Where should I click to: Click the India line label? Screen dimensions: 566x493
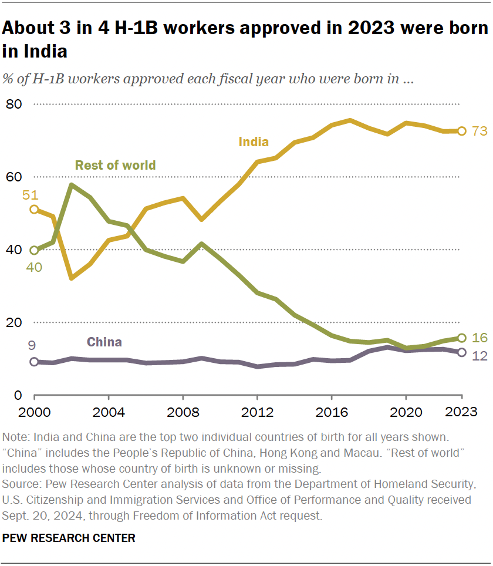pyautogui.click(x=254, y=141)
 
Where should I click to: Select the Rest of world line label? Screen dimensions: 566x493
pyautogui.click(x=115, y=165)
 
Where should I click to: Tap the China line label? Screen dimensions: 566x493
pyautogui.click(x=104, y=342)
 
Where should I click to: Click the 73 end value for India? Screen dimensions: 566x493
pyautogui.click(x=480, y=131)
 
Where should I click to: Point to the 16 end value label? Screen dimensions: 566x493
pyautogui.click(x=480, y=338)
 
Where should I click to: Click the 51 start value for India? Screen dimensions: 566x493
pyautogui.click(x=31, y=195)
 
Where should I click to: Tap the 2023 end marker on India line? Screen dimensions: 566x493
pyautogui.click(x=462, y=131)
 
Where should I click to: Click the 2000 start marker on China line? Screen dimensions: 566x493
pyautogui.click(x=34, y=362)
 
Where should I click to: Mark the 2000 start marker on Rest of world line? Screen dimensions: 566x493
pyautogui.click(x=34, y=250)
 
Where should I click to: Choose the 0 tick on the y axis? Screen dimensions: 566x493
pyautogui.click(x=18, y=395)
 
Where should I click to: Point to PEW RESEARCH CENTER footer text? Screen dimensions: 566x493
pyautogui.click(x=69, y=538)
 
